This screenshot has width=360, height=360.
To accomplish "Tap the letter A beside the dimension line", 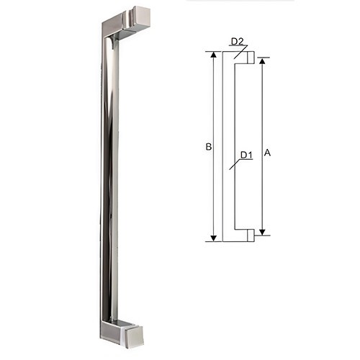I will pyautogui.click(x=268, y=153).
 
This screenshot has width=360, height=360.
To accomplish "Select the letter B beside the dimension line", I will pyautogui.click(x=207, y=148).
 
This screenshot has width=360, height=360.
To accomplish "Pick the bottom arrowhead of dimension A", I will pyautogui.click(x=262, y=230).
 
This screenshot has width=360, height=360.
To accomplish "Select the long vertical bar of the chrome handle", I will pyautogui.click(x=107, y=180).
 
